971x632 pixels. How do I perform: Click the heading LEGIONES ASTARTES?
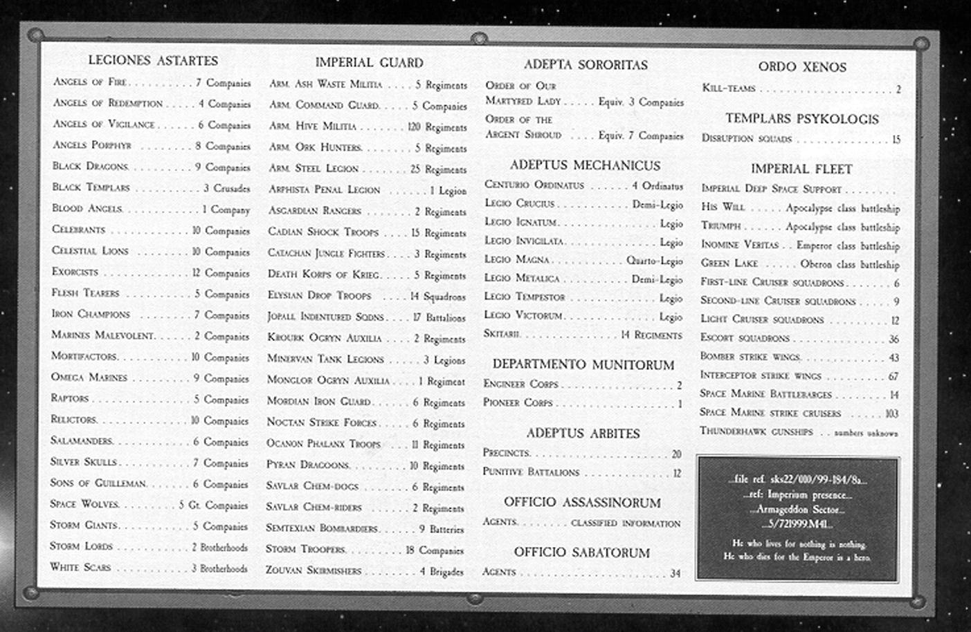click(x=153, y=61)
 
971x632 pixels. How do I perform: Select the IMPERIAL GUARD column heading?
click(x=369, y=63)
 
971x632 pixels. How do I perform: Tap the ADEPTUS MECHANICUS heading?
click(x=585, y=166)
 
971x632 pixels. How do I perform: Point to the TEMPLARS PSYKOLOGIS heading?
click(x=801, y=119)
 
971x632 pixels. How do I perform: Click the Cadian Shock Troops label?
click(x=323, y=232)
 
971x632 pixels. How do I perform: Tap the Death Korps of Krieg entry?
click(x=323, y=275)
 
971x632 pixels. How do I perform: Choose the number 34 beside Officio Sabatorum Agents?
click(x=675, y=573)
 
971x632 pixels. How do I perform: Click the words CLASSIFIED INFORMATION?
click(x=626, y=523)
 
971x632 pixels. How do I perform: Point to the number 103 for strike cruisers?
click(x=891, y=413)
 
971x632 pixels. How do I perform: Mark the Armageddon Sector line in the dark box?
click(x=797, y=510)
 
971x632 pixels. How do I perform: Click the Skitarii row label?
click(x=502, y=334)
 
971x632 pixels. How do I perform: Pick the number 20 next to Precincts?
click(x=676, y=454)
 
